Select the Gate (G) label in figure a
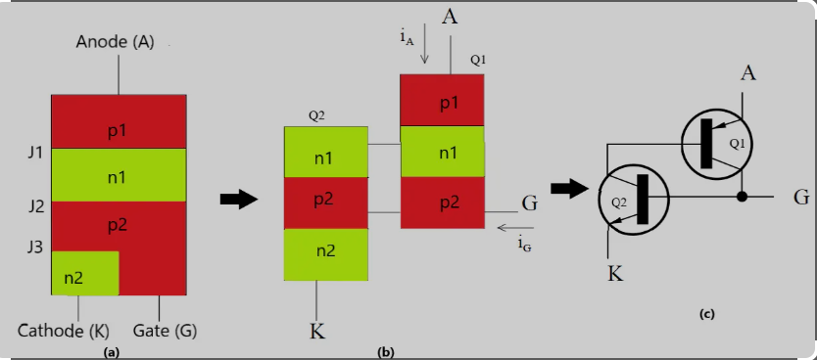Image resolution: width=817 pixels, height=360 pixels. (x=165, y=330)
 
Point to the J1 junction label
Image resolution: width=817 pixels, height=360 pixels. (x=35, y=153)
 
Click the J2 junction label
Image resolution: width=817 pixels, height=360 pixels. (x=35, y=205)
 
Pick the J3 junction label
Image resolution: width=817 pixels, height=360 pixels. (x=35, y=247)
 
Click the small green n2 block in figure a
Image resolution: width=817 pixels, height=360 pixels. (x=84, y=274)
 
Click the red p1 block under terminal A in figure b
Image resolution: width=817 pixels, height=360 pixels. (x=442, y=102)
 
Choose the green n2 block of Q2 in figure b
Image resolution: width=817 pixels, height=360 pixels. (x=325, y=252)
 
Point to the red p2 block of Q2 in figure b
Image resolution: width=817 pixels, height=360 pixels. (x=325, y=202)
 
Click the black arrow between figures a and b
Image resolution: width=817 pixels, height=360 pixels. (x=239, y=199)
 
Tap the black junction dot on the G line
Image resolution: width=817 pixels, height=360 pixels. (x=743, y=197)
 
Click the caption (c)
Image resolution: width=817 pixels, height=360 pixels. (x=707, y=314)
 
